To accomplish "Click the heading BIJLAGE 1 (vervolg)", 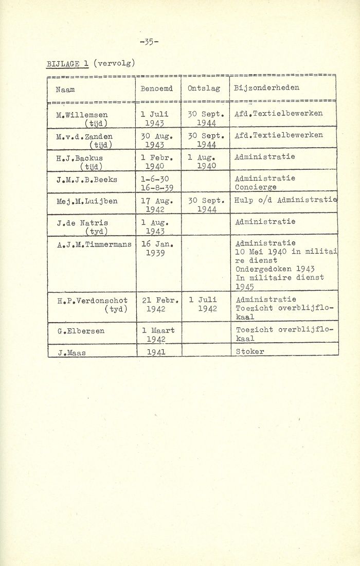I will point(91,63).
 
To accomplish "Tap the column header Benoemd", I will point(157,89).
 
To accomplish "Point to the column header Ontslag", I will point(204,89).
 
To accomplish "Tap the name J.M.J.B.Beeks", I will point(88,179).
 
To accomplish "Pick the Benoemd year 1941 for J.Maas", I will point(158,351).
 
